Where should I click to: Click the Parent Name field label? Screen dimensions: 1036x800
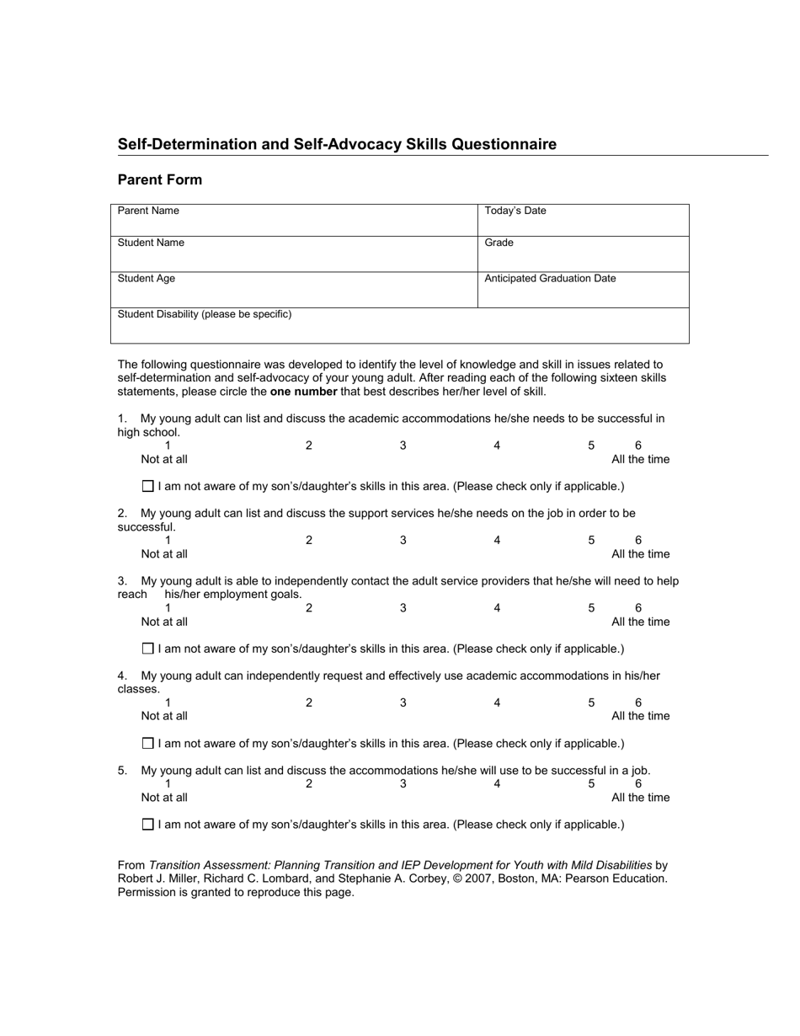[148, 211]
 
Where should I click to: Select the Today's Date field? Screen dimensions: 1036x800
[583, 221]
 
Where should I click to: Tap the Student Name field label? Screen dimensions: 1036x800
[151, 243]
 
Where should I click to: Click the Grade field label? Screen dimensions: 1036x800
[499, 243]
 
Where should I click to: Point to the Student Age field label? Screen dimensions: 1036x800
[147, 278]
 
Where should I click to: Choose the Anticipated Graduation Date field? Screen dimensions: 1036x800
[583, 291]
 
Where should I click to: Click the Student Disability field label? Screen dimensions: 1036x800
[205, 314]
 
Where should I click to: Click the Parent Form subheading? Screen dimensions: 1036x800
[160, 179]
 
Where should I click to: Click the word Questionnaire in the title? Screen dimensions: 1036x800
[504, 144]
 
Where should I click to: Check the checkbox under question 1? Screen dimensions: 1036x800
[148, 486]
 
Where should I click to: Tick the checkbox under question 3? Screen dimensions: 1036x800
[148, 649]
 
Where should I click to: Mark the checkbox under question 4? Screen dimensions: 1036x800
[148, 743]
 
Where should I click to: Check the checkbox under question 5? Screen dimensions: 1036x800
[148, 825]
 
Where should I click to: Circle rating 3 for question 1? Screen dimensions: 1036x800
[403, 446]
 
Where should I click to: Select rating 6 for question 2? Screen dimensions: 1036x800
[638, 540]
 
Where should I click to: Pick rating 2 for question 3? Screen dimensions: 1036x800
[309, 608]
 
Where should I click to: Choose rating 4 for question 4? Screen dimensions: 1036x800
[497, 702]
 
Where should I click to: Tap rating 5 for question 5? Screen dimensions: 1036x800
[591, 784]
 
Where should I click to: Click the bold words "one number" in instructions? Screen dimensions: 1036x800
[303, 392]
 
